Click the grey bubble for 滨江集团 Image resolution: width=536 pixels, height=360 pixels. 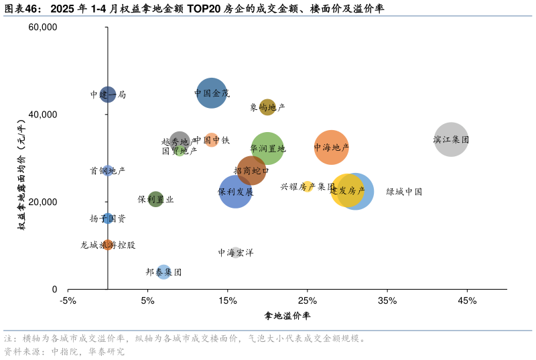(451, 139)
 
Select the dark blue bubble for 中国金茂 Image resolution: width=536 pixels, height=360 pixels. (212, 93)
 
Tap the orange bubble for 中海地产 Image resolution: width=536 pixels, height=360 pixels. (331, 147)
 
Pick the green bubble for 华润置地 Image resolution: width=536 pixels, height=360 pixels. (267, 149)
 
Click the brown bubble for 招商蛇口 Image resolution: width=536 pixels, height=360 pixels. (251, 171)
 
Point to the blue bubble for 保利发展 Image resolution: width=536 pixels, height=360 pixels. (235, 192)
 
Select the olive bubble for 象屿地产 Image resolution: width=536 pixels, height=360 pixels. (267, 107)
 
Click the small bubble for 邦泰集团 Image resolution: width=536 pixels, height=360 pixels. (163, 272)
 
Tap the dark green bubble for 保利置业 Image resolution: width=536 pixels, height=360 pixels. (155, 199)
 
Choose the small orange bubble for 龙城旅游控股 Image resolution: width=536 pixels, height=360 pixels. (108, 245)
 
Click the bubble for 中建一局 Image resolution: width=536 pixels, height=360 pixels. (108, 95)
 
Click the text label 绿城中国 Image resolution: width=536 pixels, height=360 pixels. (404, 192)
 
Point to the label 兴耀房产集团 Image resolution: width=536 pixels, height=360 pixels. (307, 186)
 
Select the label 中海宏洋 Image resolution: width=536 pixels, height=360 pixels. (235, 253)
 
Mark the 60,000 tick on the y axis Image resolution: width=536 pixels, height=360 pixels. (43, 27)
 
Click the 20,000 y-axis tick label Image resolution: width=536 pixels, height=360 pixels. (43, 202)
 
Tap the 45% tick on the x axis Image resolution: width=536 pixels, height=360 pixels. (467, 300)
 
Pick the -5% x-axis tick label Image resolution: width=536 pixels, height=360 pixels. (68, 300)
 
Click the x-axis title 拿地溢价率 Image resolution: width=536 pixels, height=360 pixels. (287, 315)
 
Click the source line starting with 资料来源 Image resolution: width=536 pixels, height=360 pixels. (64, 351)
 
